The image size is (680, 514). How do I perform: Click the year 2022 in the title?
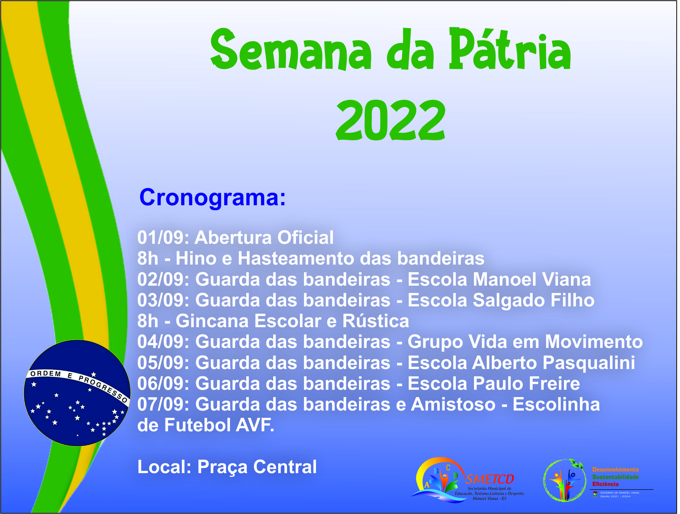coord(391,121)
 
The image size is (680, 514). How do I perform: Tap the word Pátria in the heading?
coord(510,49)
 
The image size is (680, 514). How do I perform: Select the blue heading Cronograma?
coord(213,198)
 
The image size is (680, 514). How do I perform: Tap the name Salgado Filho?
coord(534,300)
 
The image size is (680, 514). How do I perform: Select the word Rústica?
coord(376,321)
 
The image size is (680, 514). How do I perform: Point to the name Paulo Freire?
coord(527,384)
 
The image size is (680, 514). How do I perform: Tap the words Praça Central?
coord(257,468)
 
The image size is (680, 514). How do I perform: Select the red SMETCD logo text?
coord(490,479)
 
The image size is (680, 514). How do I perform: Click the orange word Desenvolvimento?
coord(615,470)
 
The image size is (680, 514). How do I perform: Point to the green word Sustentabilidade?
coord(615,477)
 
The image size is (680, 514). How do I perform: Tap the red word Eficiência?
coord(606,484)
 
